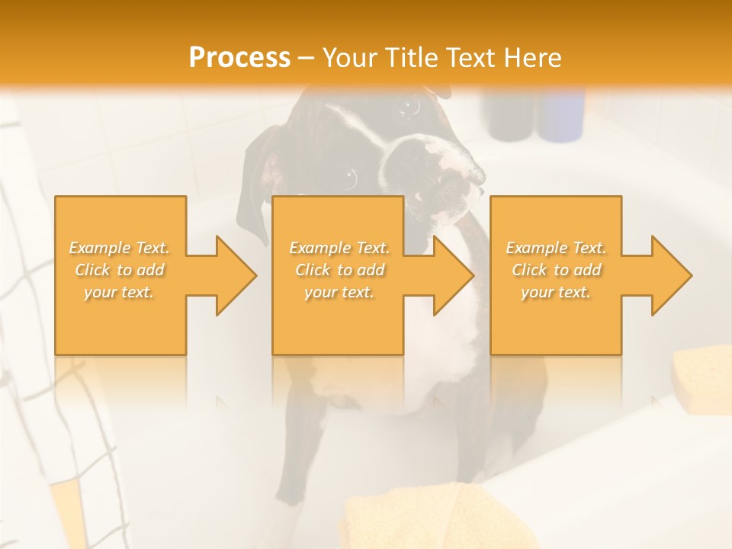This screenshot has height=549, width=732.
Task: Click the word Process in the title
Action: [239, 58]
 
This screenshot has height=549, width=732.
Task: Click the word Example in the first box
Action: [100, 248]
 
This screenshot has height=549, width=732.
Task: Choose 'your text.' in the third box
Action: [555, 292]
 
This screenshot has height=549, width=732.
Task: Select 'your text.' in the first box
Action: [119, 292]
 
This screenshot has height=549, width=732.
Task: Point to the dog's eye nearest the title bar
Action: [411, 108]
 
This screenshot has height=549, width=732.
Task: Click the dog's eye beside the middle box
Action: [349, 177]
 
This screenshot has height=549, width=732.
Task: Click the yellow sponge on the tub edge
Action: [702, 378]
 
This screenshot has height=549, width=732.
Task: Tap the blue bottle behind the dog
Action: [563, 114]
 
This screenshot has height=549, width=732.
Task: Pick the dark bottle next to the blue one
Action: [510, 114]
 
